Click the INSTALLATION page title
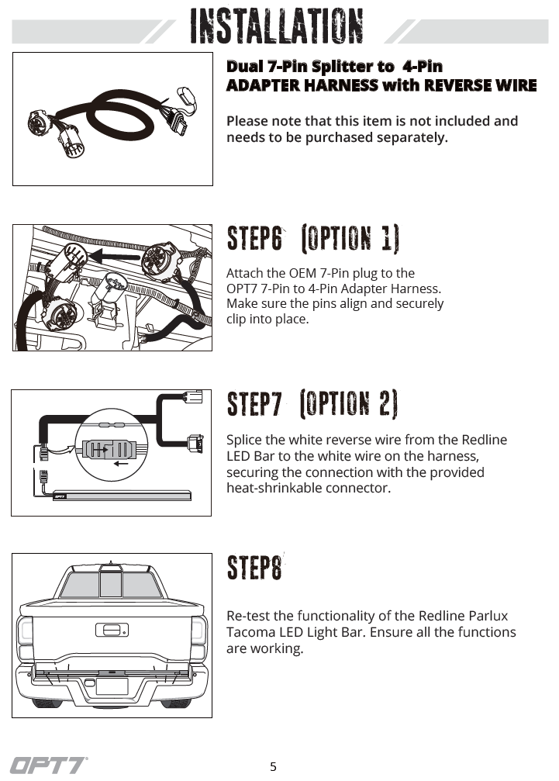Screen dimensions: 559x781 coord(276,26)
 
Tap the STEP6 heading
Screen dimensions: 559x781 coord(254,238)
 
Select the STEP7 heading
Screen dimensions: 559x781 coord(254,403)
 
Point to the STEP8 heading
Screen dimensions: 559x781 coord(254,568)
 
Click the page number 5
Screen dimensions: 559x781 coord(273,766)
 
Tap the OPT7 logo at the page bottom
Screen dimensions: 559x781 coord(48,765)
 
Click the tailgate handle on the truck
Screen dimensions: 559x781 coord(112,630)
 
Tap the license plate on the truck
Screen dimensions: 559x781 coord(112,686)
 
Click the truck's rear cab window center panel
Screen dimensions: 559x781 coord(111,584)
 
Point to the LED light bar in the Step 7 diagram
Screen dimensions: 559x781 coord(122,496)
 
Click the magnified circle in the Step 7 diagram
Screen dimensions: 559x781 coord(112,446)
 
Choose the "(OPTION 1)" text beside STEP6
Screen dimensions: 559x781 coord(350,239)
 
